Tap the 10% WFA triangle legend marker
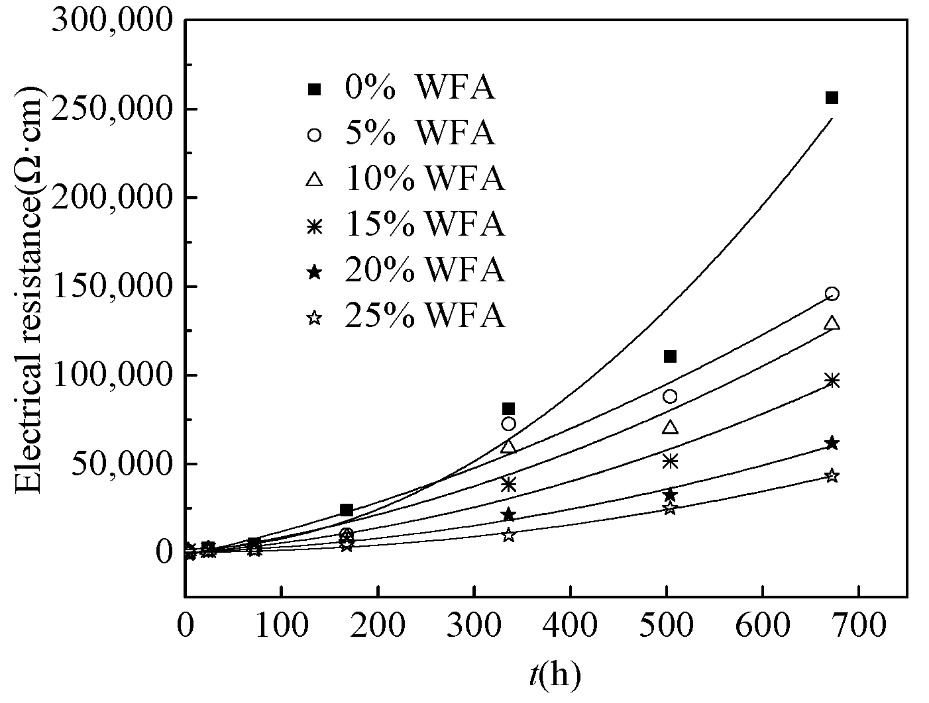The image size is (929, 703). tap(315, 179)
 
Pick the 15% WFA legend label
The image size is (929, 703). tap(424, 224)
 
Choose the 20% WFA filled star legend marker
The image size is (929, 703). tap(315, 271)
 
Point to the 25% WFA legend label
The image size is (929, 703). tap(424, 316)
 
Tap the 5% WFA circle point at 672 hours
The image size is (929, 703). tap(832, 293)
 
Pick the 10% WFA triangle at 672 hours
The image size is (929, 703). tap(832, 323)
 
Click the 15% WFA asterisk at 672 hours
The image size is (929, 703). tap(832, 380)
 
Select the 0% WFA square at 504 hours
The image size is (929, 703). tap(670, 357)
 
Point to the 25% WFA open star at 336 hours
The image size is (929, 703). tap(508, 535)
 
